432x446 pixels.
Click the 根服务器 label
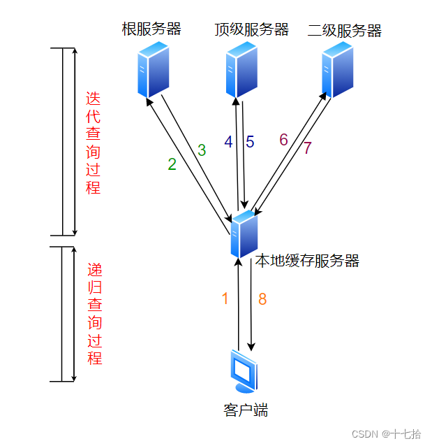click(x=151, y=29)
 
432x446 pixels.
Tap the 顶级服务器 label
click(x=251, y=29)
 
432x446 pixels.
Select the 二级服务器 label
click(x=345, y=30)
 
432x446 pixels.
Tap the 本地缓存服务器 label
click(x=307, y=261)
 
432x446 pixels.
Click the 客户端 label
click(x=246, y=410)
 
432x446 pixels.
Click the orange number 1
click(x=225, y=298)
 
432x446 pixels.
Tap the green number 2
click(x=172, y=164)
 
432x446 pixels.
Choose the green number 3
click(x=202, y=150)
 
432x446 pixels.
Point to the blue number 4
click(x=228, y=141)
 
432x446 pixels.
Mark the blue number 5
click(x=249, y=141)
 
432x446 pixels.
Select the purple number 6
click(x=283, y=139)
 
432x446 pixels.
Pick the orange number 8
click(x=262, y=298)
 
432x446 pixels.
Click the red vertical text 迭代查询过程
click(x=94, y=143)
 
